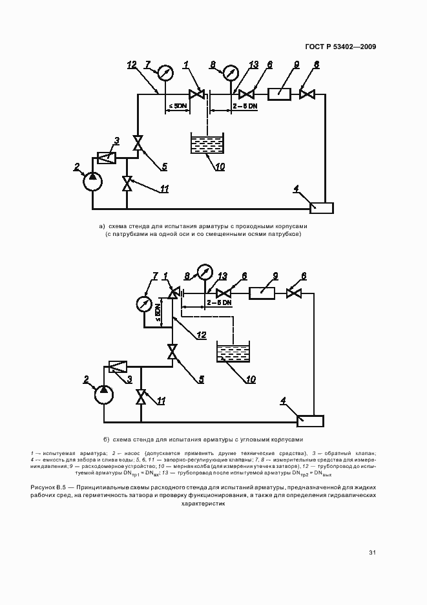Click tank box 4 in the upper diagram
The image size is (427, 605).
click(x=321, y=207)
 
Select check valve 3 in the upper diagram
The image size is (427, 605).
click(x=106, y=156)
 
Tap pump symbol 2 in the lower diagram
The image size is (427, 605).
click(x=102, y=392)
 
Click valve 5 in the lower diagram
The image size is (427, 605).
click(x=172, y=353)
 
